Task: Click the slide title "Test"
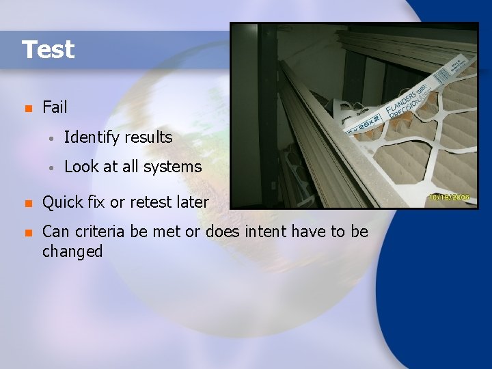click(48, 50)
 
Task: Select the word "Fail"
click(55, 107)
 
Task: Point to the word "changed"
click(72, 251)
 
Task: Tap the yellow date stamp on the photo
click(449, 196)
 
